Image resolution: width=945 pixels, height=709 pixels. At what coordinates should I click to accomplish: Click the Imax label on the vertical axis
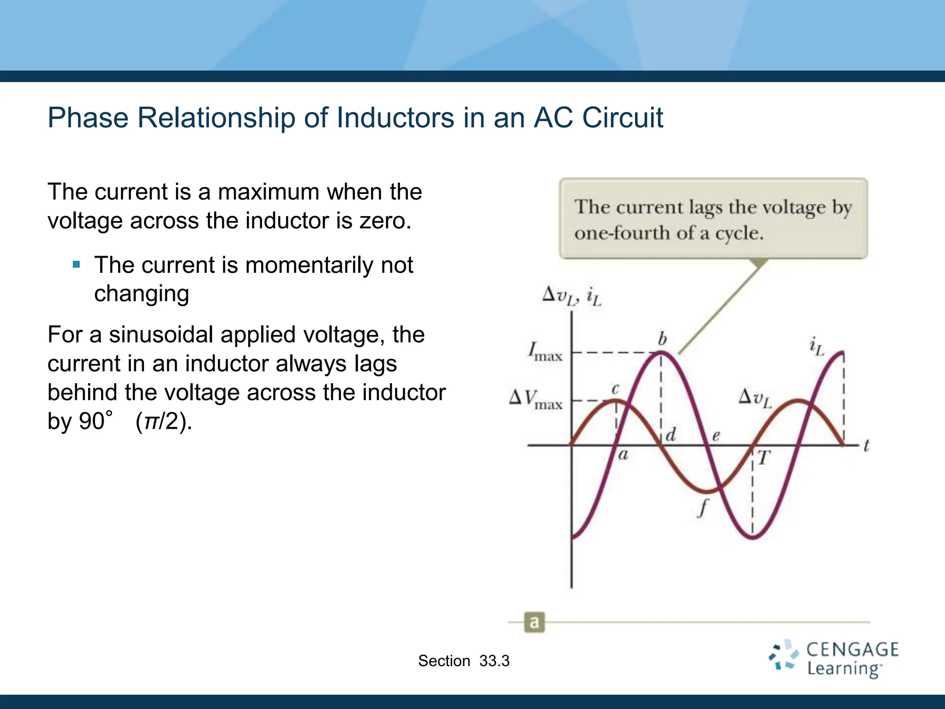[545, 352]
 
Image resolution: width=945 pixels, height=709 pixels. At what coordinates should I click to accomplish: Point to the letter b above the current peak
[662, 339]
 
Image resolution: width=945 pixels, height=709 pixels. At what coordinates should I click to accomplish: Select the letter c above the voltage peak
[615, 389]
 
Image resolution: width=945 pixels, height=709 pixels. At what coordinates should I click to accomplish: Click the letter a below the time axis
[623, 455]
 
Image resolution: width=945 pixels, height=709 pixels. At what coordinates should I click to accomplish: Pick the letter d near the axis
[671, 434]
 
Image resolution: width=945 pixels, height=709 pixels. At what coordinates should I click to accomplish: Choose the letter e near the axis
[716, 435]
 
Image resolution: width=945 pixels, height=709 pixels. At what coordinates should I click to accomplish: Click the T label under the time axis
[764, 458]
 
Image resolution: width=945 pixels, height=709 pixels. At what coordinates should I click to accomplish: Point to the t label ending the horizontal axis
[866, 446]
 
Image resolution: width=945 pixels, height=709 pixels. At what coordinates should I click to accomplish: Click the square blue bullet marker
[77, 265]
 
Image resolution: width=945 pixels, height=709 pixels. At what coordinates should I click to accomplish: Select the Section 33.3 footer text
[464, 661]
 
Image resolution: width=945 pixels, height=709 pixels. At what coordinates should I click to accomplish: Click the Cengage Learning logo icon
[783, 655]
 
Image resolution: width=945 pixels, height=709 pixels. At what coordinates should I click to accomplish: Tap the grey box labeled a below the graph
[534, 622]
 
